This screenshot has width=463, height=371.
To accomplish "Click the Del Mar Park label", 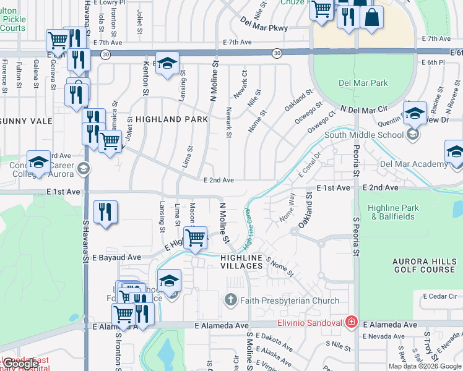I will pos(363,83).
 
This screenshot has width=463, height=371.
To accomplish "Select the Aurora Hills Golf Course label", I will pos(424,265).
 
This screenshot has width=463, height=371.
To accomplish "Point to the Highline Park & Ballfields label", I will pos(395,212).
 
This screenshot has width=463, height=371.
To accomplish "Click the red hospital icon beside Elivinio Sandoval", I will pos(352,322).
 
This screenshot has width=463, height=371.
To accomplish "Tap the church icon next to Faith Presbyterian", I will pos(231,301).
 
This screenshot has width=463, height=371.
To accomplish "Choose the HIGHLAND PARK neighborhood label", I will pos(167,119).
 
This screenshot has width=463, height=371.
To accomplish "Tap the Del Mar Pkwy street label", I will pos(264,27).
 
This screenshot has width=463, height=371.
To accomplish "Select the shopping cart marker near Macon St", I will pos(196,237).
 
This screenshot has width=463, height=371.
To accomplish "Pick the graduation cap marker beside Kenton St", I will pos(167,63).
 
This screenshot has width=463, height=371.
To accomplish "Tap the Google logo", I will pos(20,364).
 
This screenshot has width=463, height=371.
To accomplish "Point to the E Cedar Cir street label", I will pos(439,296).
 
